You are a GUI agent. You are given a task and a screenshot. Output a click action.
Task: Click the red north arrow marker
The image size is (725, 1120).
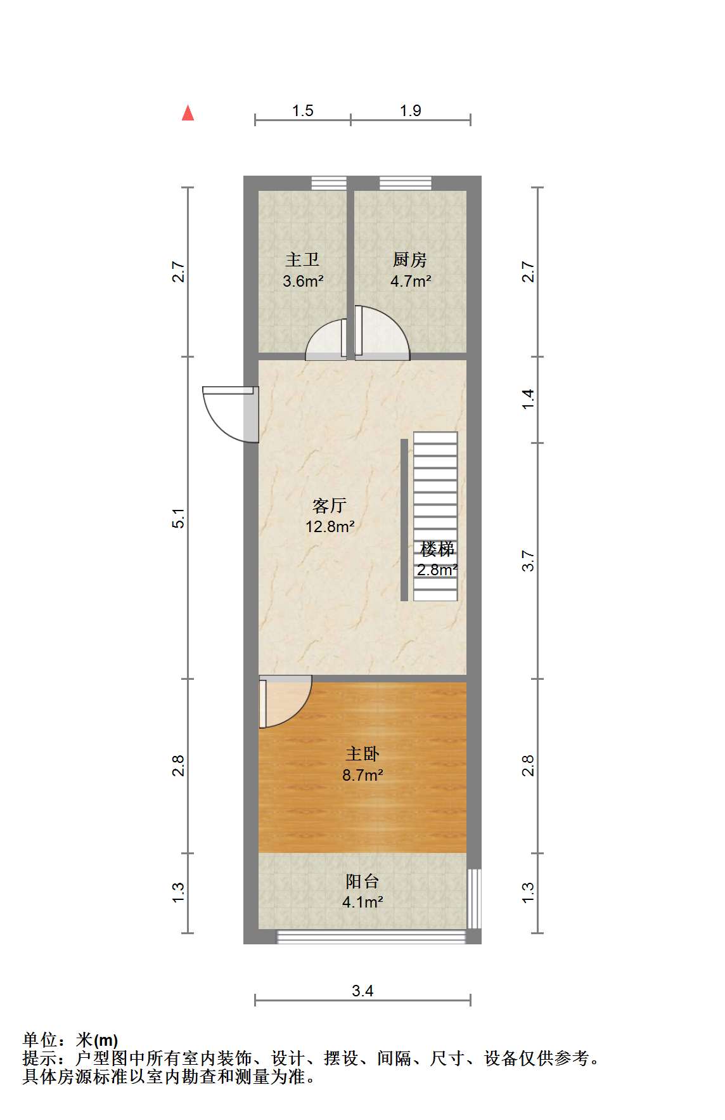[x=188, y=113]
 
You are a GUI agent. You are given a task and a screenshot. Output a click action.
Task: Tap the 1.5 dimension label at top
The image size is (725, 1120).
[x=302, y=110]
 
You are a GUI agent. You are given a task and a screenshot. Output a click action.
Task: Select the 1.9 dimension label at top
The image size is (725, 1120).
[x=410, y=110]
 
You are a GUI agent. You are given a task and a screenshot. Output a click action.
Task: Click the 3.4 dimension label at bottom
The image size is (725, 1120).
[x=362, y=990]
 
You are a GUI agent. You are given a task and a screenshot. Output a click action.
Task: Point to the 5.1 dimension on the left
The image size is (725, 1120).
[x=179, y=518]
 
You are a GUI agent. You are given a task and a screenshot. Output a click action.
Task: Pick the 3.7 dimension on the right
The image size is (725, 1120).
[x=529, y=561]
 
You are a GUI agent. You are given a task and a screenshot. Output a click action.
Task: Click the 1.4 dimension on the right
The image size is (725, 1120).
[x=529, y=399]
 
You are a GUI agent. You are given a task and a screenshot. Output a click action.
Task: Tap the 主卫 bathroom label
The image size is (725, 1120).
[x=302, y=259]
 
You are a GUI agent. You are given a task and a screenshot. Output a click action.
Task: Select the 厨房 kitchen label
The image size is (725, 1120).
[x=410, y=259]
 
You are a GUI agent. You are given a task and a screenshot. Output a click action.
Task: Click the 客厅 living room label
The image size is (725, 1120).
[x=330, y=505]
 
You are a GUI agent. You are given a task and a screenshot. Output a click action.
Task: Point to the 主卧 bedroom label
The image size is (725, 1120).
[x=362, y=753]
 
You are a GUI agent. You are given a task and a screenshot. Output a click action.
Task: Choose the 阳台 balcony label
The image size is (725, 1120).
[x=362, y=881]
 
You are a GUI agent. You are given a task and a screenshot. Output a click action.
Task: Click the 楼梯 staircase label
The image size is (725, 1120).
[x=437, y=549]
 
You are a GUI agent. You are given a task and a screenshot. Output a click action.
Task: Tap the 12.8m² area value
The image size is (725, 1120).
[x=330, y=526]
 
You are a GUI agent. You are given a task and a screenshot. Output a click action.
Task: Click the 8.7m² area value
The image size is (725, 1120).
[x=362, y=774]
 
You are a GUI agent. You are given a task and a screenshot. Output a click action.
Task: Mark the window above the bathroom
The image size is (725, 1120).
[x=329, y=183]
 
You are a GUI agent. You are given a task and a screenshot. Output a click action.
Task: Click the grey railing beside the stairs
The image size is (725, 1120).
[x=404, y=519]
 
